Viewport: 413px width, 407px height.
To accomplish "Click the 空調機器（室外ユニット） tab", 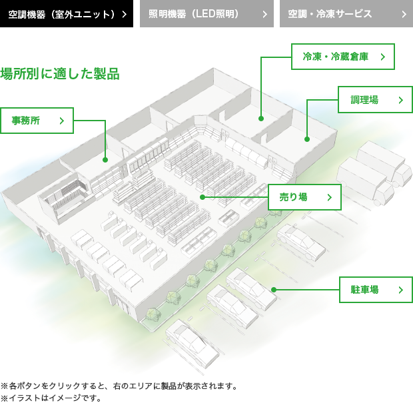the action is point(67,13).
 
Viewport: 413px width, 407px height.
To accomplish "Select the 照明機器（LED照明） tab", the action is point(206,13).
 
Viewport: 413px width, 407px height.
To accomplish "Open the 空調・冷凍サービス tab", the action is point(346,13).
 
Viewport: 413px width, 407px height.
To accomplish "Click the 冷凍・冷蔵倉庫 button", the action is point(343,57).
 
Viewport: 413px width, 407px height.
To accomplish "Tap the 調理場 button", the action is point(375,99).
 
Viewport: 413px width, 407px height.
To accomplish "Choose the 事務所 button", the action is point(37,121).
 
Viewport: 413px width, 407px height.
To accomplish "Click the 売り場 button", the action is point(304,197).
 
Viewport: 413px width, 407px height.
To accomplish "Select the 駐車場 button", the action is point(376,290).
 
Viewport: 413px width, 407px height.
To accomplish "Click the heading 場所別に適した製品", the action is point(60,73).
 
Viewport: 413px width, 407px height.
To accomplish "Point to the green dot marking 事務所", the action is point(105,160).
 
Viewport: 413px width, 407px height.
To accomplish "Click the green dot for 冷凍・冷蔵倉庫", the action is point(261,119).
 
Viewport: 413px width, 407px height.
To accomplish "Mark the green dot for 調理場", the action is point(307,139).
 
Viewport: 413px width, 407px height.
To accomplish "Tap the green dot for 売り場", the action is point(203,197).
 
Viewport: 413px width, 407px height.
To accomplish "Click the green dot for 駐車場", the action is point(274,290).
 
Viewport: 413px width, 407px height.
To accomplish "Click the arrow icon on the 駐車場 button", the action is point(401,290).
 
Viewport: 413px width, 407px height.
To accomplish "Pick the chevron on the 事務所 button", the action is point(62,121).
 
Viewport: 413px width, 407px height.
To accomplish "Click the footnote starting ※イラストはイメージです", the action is point(51,398).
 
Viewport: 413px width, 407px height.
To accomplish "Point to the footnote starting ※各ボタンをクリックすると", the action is point(119,386).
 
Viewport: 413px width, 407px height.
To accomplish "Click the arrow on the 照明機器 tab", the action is point(265,14).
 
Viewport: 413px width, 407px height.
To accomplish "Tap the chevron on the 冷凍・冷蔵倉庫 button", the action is point(383,57).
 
